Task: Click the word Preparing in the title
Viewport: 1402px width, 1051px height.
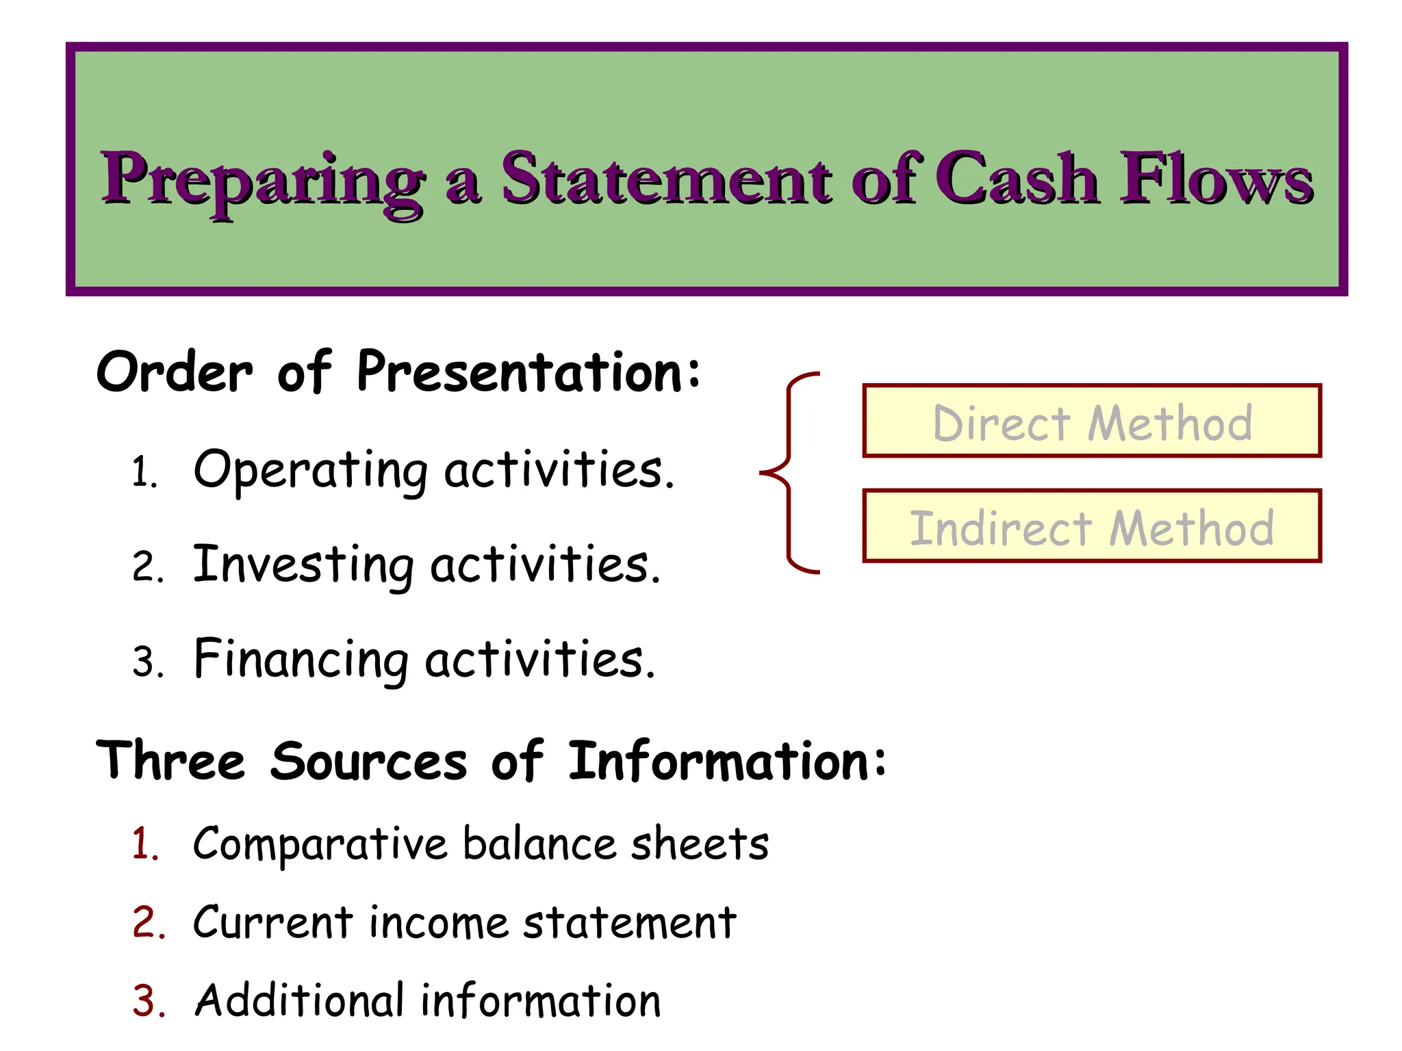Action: click(x=264, y=179)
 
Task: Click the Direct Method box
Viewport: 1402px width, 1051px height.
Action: click(x=1092, y=421)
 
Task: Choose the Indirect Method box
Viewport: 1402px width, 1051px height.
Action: click(x=1092, y=527)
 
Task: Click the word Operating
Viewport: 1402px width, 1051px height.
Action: click(x=311, y=471)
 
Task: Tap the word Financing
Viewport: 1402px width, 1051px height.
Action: click(x=301, y=660)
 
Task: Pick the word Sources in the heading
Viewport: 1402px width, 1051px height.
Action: click(x=368, y=761)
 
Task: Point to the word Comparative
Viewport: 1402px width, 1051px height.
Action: click(x=320, y=844)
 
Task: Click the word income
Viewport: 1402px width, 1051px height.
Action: click(x=438, y=922)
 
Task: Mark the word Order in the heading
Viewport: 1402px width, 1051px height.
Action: click(x=175, y=373)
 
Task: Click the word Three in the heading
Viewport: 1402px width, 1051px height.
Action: click(x=171, y=761)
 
